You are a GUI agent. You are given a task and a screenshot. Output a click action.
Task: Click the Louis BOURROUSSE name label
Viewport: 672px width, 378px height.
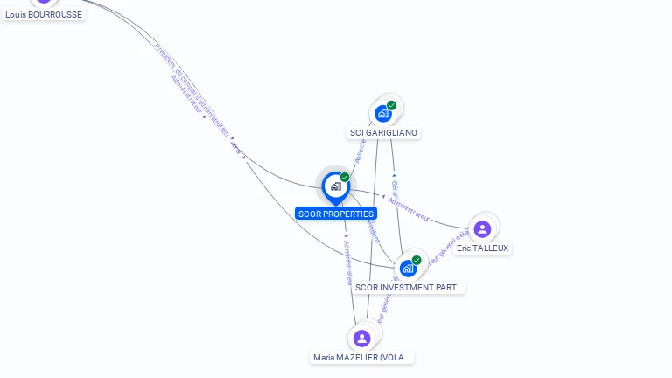click(x=44, y=14)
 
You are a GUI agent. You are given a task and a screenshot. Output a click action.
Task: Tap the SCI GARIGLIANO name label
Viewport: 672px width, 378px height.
click(x=383, y=133)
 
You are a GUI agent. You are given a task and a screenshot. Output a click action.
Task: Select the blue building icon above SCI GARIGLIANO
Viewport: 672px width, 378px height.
click(x=382, y=113)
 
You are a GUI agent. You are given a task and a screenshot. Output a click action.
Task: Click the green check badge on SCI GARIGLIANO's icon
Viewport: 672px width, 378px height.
click(x=391, y=105)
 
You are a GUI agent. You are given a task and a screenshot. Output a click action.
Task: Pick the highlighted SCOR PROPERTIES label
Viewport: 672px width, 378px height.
click(x=336, y=213)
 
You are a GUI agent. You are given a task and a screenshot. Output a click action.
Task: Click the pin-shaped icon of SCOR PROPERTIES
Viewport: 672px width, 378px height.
click(x=335, y=186)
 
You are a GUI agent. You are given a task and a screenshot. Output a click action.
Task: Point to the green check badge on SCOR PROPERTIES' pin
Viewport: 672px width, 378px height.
click(x=345, y=178)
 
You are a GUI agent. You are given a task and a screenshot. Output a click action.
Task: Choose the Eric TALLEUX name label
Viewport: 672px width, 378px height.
click(x=482, y=248)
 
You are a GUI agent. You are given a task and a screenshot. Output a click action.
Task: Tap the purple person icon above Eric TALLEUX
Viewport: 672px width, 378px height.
click(x=481, y=229)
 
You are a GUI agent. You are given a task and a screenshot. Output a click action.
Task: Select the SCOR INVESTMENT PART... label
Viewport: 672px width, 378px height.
click(x=408, y=287)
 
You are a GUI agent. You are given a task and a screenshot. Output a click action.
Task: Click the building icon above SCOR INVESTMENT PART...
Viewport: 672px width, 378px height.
click(x=407, y=269)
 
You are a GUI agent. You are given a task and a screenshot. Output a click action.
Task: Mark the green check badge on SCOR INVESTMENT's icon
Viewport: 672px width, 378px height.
click(x=416, y=260)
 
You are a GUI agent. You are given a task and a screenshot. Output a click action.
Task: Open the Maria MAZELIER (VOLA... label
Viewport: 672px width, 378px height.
click(x=362, y=358)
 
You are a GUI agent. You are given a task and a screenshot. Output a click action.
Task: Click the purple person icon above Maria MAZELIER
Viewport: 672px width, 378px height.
click(x=361, y=339)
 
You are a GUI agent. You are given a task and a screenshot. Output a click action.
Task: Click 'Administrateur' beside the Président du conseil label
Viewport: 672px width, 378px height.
click(x=186, y=96)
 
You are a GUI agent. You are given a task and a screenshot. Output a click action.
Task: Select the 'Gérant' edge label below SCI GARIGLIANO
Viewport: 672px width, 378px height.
click(x=395, y=189)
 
